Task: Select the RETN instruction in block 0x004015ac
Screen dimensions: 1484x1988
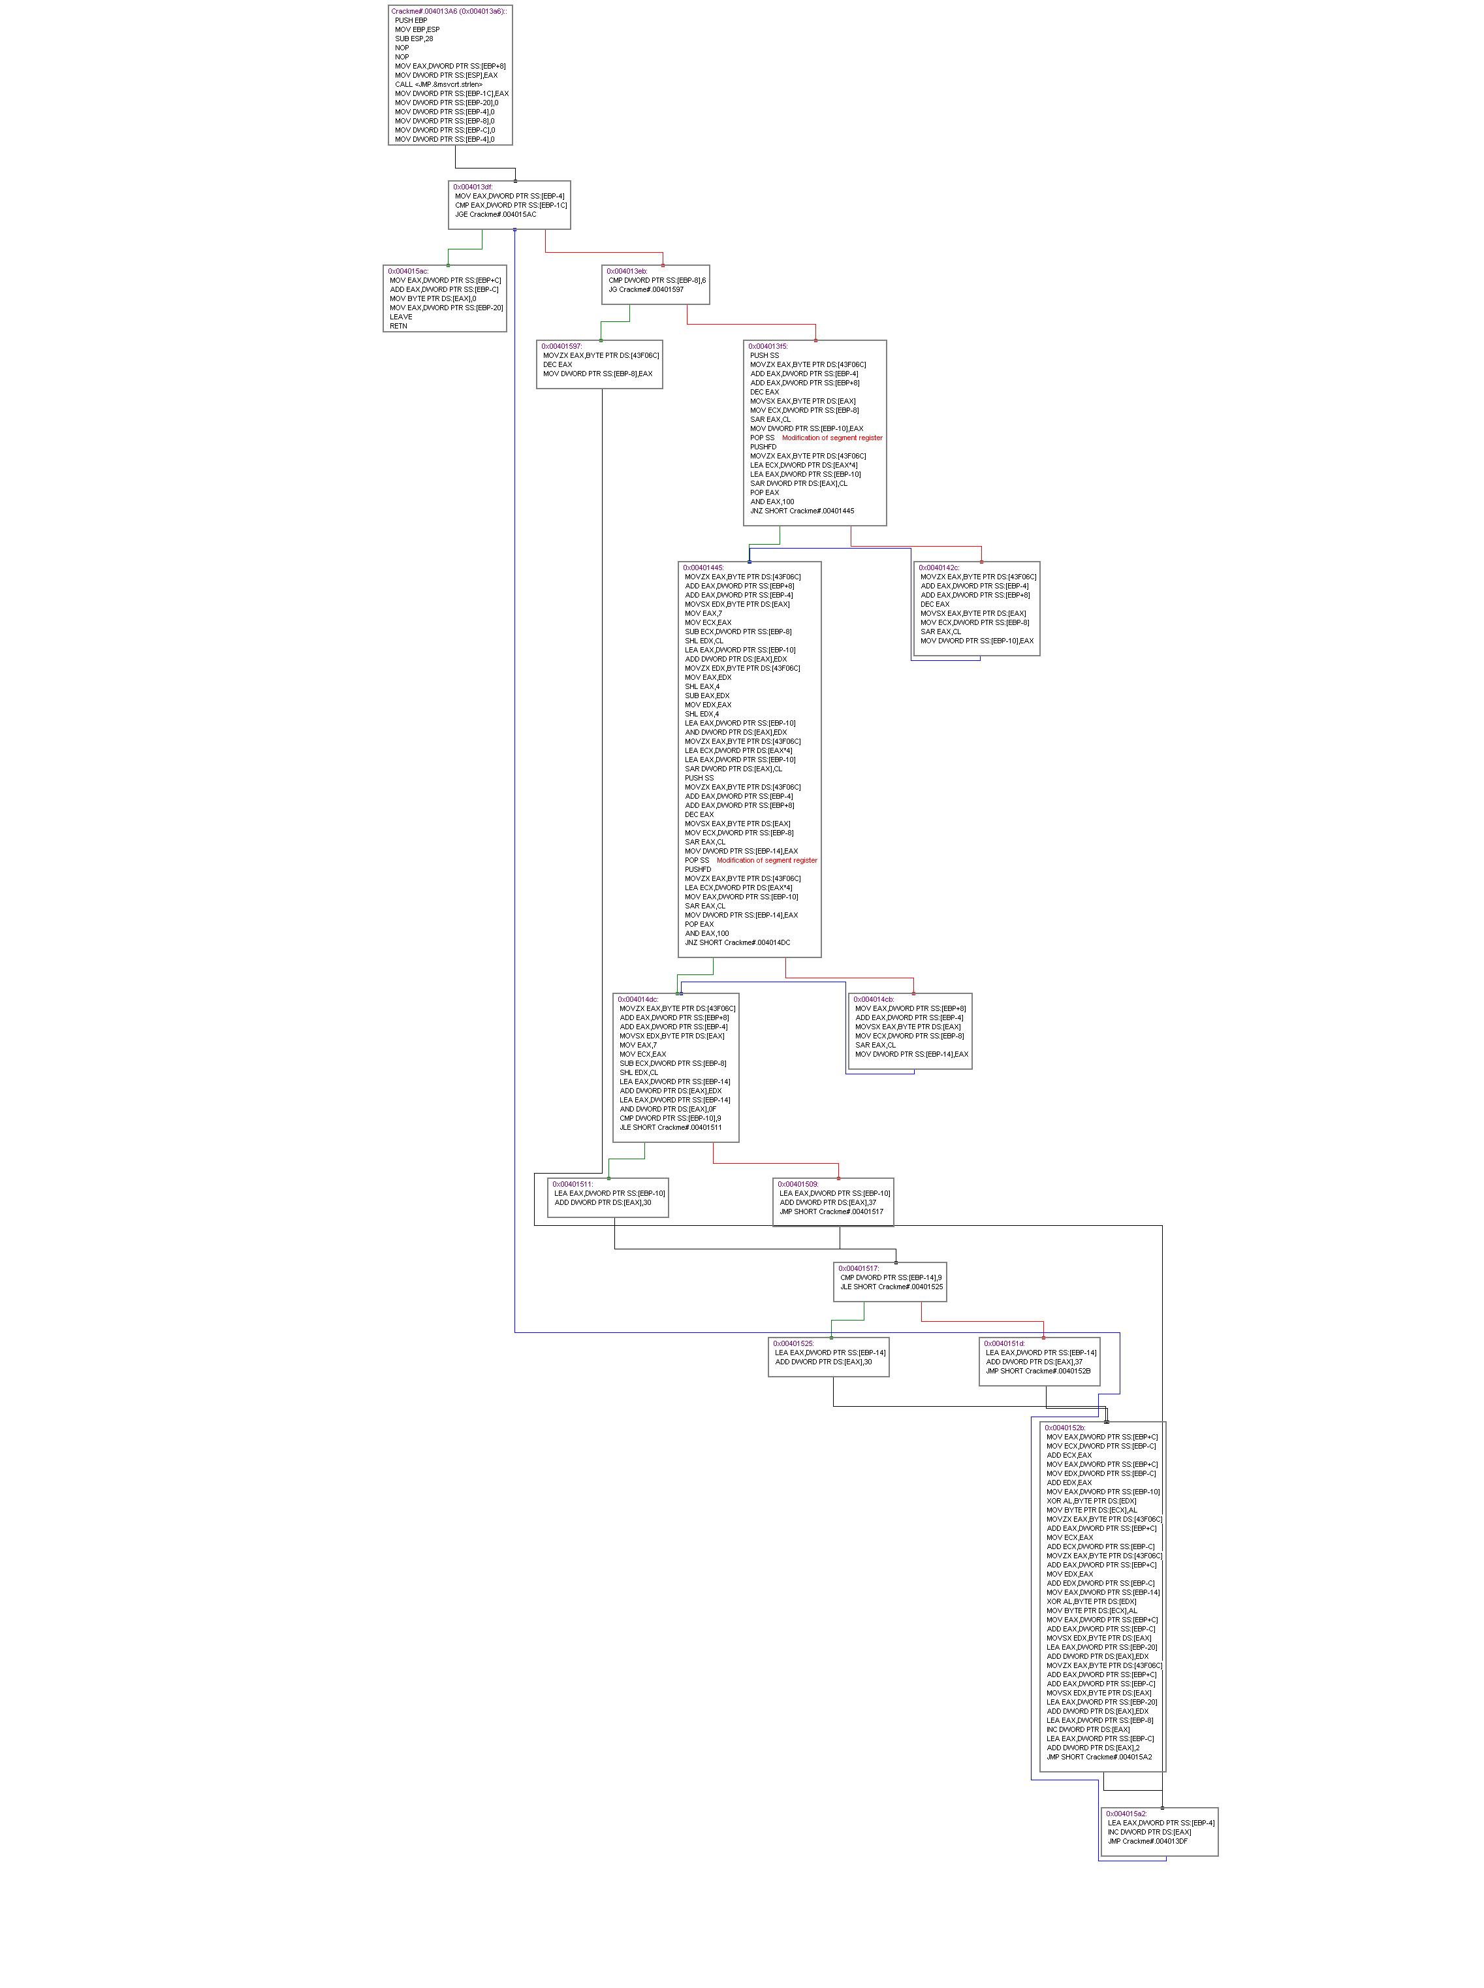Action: (x=398, y=326)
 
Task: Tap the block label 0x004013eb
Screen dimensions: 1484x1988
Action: (x=626, y=271)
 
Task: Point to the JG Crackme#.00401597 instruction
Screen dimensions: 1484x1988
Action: (x=646, y=289)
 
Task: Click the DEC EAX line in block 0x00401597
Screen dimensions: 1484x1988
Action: (x=557, y=364)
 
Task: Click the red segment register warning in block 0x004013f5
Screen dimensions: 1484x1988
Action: (x=832, y=438)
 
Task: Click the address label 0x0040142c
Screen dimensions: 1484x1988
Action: (x=939, y=568)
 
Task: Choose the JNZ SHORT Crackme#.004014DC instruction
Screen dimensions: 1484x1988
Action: (x=738, y=942)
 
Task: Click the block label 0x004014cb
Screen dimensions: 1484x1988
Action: (x=873, y=999)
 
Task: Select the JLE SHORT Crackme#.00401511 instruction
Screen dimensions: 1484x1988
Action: (x=670, y=1127)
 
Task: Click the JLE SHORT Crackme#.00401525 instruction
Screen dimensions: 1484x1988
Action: (x=892, y=1287)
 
